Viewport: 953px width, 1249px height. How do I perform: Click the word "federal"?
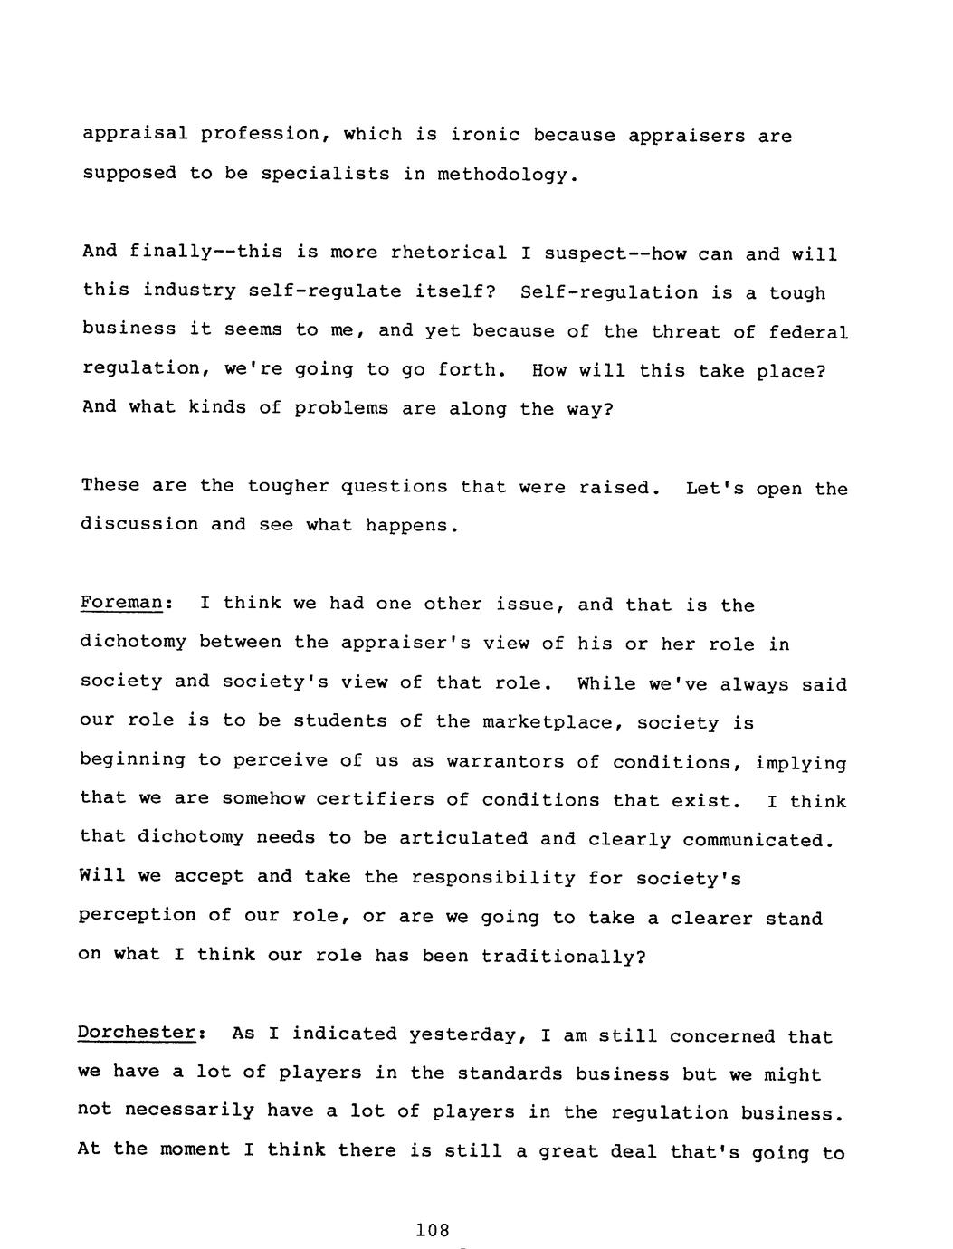click(808, 332)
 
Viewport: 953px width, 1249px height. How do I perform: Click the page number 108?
click(432, 1230)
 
